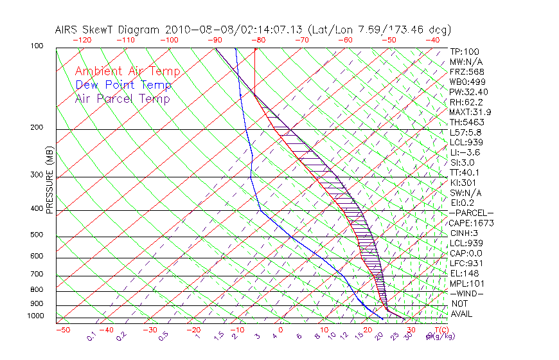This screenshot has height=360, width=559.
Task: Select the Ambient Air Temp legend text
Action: pyautogui.click(x=127, y=71)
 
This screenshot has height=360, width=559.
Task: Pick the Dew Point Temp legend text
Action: pyautogui.click(x=123, y=85)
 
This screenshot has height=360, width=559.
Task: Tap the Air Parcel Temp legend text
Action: pyautogui.click(x=122, y=98)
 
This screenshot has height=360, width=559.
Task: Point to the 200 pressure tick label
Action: pyautogui.click(x=37, y=127)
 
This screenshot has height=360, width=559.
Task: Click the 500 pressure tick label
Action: pyautogui.click(x=37, y=235)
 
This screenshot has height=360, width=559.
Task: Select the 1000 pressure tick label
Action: pyautogui.click(x=35, y=316)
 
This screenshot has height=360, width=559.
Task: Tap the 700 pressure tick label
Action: pyautogui.click(x=37, y=274)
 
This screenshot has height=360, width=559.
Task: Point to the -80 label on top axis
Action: pyautogui.click(x=258, y=40)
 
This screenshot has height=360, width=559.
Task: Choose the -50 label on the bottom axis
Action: pyautogui.click(x=62, y=330)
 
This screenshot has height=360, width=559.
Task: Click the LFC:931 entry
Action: pyautogui.click(x=466, y=263)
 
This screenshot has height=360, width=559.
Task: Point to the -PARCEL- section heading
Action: pyautogui.click(x=472, y=213)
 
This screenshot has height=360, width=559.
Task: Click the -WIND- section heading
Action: pyautogui.click(x=467, y=293)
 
